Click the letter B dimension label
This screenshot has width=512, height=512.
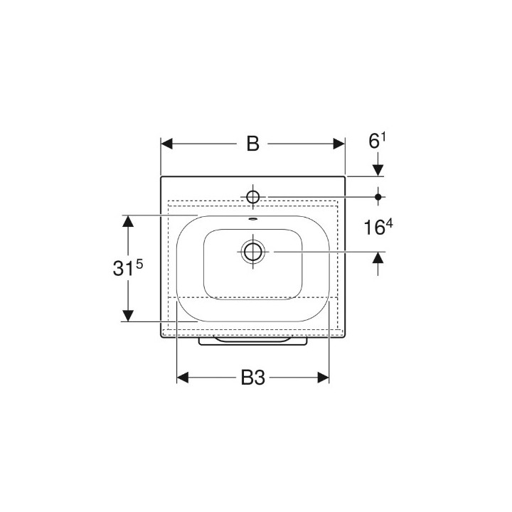(252, 144)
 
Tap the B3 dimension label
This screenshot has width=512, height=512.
(253, 378)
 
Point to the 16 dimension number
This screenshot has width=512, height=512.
(374, 228)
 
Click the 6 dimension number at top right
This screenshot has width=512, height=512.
(373, 142)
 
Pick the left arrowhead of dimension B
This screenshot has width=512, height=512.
(167, 144)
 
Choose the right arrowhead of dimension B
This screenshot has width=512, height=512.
(338, 144)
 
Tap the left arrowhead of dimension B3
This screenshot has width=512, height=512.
(183, 378)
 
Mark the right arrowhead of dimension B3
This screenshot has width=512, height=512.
(323, 378)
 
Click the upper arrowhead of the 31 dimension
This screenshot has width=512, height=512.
(128, 221)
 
